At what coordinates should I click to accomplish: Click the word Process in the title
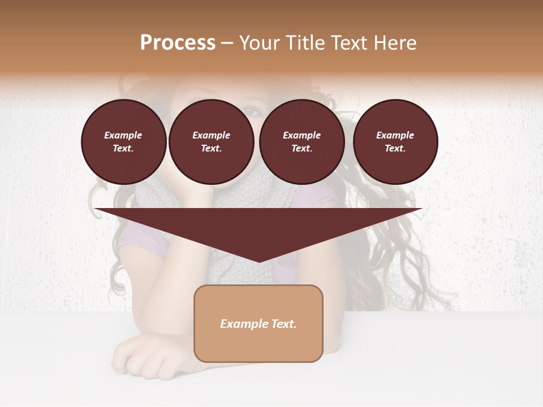(x=178, y=43)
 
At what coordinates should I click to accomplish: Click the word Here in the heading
(x=394, y=43)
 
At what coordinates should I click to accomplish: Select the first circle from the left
(x=124, y=142)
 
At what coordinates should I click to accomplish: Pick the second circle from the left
(x=212, y=142)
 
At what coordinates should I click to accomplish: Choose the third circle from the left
(x=302, y=142)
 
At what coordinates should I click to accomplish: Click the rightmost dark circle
(x=395, y=142)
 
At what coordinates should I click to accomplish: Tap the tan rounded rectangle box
(x=258, y=323)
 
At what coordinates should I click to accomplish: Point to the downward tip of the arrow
(x=259, y=261)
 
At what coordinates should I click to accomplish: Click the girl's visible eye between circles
(x=253, y=111)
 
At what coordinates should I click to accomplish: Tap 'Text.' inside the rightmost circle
(x=395, y=149)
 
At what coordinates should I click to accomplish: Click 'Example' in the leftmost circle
(x=123, y=135)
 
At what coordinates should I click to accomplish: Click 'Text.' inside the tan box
(x=284, y=324)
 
